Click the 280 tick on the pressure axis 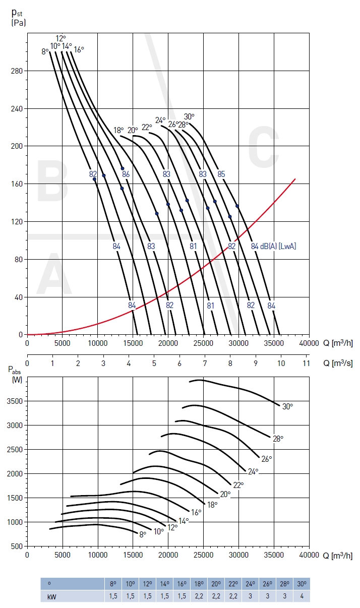click(x=16, y=71)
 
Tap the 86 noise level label click(x=126, y=174)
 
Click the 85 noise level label click(x=221, y=174)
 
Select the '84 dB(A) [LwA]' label click(x=273, y=247)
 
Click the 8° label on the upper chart click(x=45, y=51)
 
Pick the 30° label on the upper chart click(x=189, y=116)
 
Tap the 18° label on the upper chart click(x=118, y=130)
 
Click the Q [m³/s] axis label click(x=338, y=363)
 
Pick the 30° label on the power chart click(x=287, y=406)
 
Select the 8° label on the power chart click(x=143, y=534)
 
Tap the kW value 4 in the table click(x=301, y=596)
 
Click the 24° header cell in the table click(x=250, y=584)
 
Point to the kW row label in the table click(x=51, y=596)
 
